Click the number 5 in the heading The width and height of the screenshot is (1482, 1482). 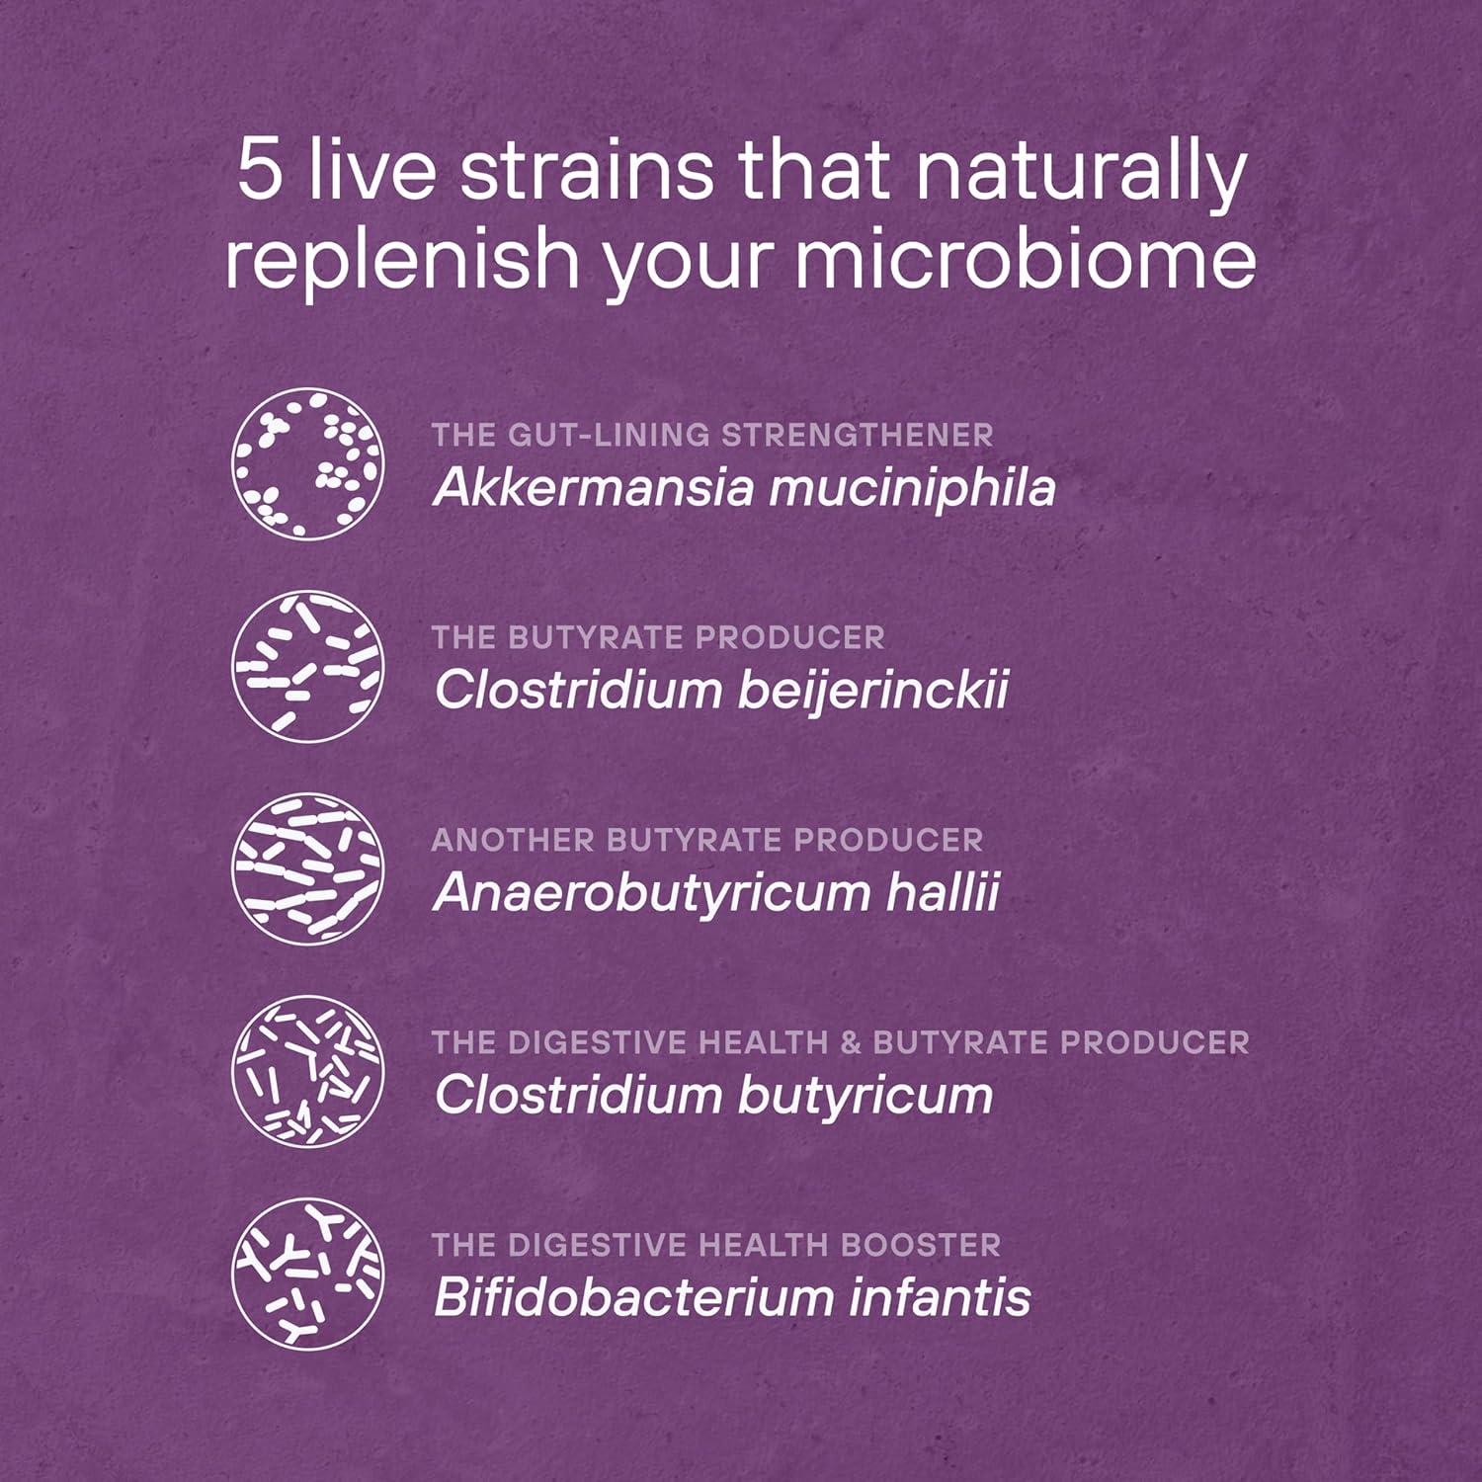click(x=260, y=170)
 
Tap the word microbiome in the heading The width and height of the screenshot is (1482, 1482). click(x=1025, y=259)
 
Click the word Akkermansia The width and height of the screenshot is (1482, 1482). click(x=593, y=487)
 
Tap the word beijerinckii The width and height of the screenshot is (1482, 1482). click(x=873, y=691)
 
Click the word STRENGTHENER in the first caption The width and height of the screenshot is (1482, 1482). click(x=857, y=435)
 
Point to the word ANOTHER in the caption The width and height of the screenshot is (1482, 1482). click(x=513, y=840)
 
